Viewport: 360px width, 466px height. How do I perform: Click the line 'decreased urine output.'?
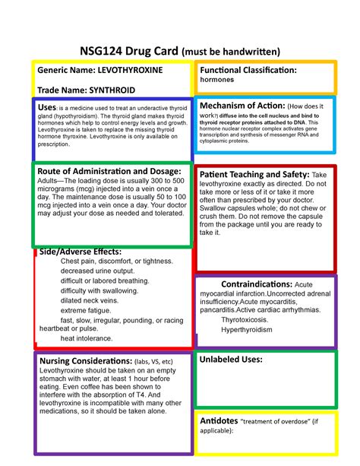tap(97, 271)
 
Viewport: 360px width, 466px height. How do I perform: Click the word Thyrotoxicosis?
tap(247, 320)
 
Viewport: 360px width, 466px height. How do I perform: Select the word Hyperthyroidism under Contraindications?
tap(249, 331)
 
